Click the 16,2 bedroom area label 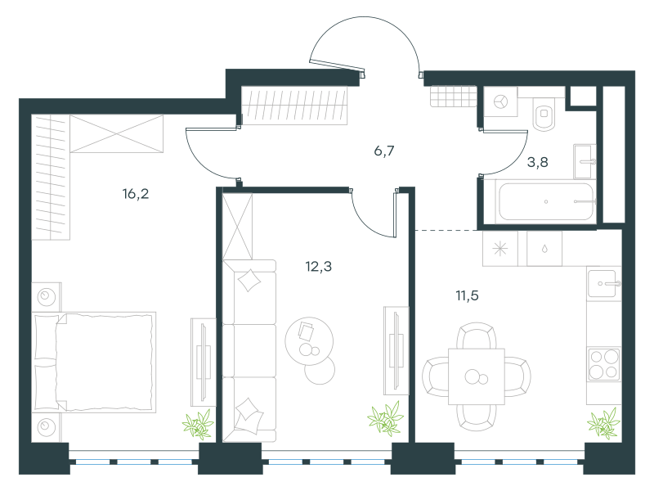point(136,194)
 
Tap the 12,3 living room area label point(319,267)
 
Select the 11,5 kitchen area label point(467,296)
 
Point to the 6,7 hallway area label point(384,151)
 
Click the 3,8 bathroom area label point(538,162)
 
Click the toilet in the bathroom point(544,114)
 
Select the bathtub point(546,201)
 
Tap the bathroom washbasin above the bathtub point(585,161)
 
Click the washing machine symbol point(500,101)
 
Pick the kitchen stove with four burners point(603,363)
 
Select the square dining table point(477,376)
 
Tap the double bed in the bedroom point(94,362)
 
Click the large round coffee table point(309,341)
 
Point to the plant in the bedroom point(198,425)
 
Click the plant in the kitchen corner point(603,424)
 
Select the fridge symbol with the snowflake point(500,249)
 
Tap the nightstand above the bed point(47,296)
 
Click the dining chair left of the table point(436,376)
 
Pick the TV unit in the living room point(396,350)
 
